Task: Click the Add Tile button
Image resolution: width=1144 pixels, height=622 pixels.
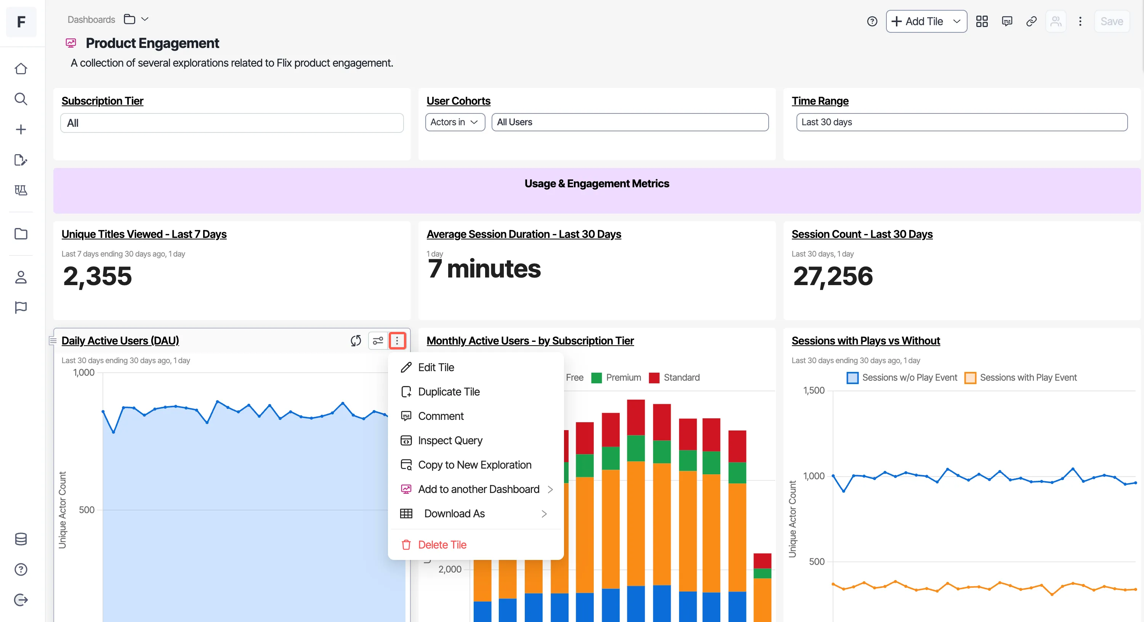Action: (926, 21)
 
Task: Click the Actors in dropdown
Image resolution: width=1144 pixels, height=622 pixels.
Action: (455, 122)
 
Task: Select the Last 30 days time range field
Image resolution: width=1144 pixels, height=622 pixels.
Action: (961, 122)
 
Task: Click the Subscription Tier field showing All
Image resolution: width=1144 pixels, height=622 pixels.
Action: (232, 123)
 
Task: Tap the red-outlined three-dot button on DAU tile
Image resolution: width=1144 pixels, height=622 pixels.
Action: (397, 341)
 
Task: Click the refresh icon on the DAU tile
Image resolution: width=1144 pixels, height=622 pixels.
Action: (356, 341)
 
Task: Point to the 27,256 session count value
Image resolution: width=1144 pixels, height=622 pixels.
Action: (833, 276)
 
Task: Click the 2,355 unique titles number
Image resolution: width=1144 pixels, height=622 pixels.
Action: (97, 276)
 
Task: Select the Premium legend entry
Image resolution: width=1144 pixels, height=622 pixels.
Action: (617, 378)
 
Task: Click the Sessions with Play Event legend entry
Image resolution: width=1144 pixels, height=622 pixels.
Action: (1021, 378)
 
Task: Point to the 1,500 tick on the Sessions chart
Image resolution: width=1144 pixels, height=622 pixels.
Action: (814, 391)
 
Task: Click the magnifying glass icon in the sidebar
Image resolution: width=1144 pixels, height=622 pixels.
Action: (21, 99)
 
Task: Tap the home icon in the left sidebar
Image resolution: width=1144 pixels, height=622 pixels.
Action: (21, 69)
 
